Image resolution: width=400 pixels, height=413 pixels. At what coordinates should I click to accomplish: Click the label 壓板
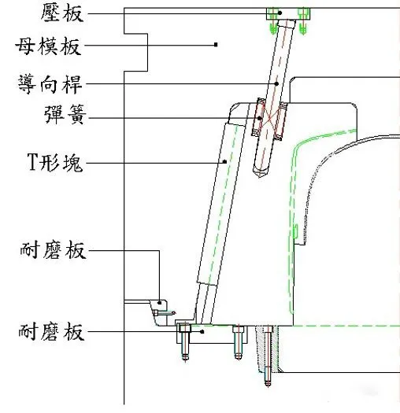coord(62,13)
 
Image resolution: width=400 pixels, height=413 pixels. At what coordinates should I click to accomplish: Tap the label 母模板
coord(48,46)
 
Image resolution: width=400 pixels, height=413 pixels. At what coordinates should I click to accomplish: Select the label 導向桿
coord(50,84)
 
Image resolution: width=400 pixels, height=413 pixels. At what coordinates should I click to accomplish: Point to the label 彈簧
coord(65,114)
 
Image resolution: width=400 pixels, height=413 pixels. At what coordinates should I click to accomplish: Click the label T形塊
coord(55,162)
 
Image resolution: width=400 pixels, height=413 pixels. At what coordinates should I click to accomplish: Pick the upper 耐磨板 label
coord(54,249)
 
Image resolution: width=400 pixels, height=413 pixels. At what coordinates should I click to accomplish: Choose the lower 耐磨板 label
coord(52,331)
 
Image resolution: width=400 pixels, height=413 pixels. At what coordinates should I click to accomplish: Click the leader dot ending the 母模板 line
coord(216,45)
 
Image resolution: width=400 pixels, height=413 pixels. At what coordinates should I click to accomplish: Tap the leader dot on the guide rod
coord(276,83)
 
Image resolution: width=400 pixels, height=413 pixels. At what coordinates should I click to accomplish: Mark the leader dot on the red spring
coord(260,118)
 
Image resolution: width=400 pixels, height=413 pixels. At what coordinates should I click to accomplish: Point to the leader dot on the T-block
coord(225,162)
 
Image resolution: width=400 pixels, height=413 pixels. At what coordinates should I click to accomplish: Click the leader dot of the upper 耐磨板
coord(160,303)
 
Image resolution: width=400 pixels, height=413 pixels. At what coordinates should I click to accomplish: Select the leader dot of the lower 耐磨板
coord(202,332)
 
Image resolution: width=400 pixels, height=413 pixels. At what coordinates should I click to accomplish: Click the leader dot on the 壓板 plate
coord(280,13)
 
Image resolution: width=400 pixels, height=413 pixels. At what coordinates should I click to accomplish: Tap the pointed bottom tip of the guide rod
coord(260,177)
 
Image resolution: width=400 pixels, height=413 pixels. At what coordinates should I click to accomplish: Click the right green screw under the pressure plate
coord(303,21)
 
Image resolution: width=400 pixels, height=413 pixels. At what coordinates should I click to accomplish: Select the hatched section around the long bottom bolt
coord(267,349)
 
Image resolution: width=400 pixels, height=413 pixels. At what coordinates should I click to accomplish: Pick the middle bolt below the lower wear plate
coord(239,342)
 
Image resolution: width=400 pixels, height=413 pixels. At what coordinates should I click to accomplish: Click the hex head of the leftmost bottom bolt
coord(184,328)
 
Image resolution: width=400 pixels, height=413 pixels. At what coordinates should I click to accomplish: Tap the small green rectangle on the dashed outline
coord(295,231)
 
